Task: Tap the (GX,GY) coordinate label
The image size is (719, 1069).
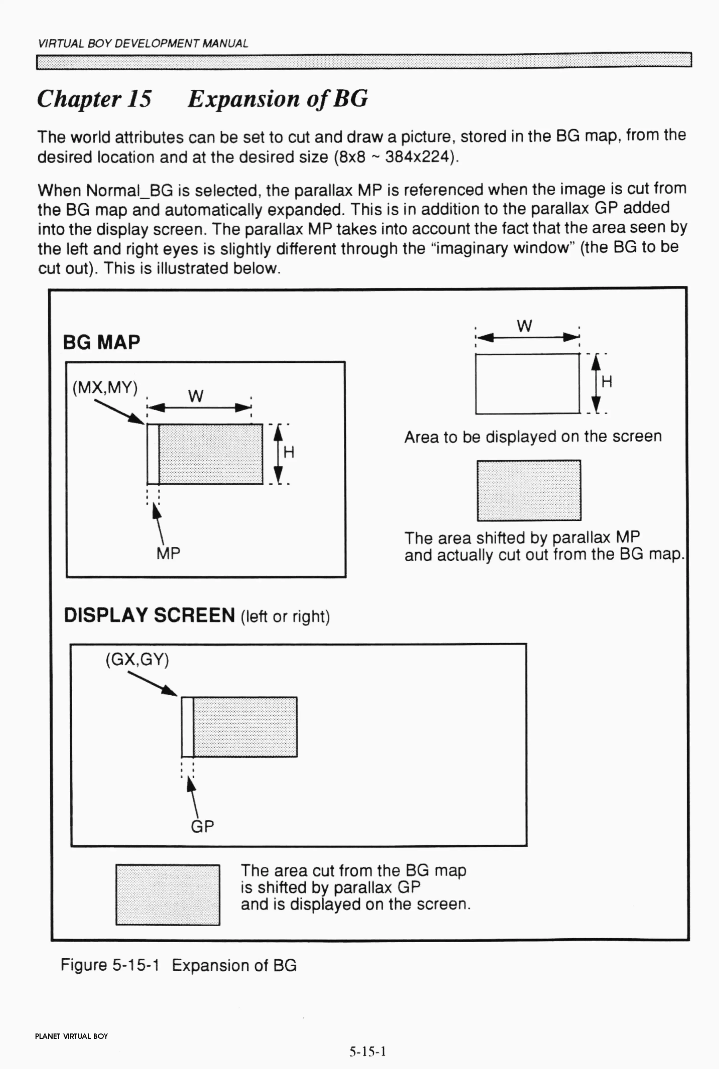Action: [137, 660]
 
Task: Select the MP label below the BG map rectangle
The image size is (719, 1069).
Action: [168, 554]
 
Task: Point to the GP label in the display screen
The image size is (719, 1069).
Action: [202, 827]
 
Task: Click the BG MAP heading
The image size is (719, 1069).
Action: [101, 342]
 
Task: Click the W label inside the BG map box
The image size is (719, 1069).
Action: [196, 396]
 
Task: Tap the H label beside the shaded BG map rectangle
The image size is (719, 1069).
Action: [288, 453]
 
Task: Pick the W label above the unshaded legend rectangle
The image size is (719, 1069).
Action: [524, 326]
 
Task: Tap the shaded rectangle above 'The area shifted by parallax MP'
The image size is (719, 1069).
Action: [529, 490]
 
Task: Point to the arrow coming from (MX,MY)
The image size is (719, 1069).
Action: [118, 412]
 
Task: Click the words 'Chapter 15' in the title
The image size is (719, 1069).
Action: [94, 99]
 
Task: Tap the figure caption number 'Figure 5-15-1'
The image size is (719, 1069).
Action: [110, 965]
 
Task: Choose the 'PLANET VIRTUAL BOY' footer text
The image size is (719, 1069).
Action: [72, 1036]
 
